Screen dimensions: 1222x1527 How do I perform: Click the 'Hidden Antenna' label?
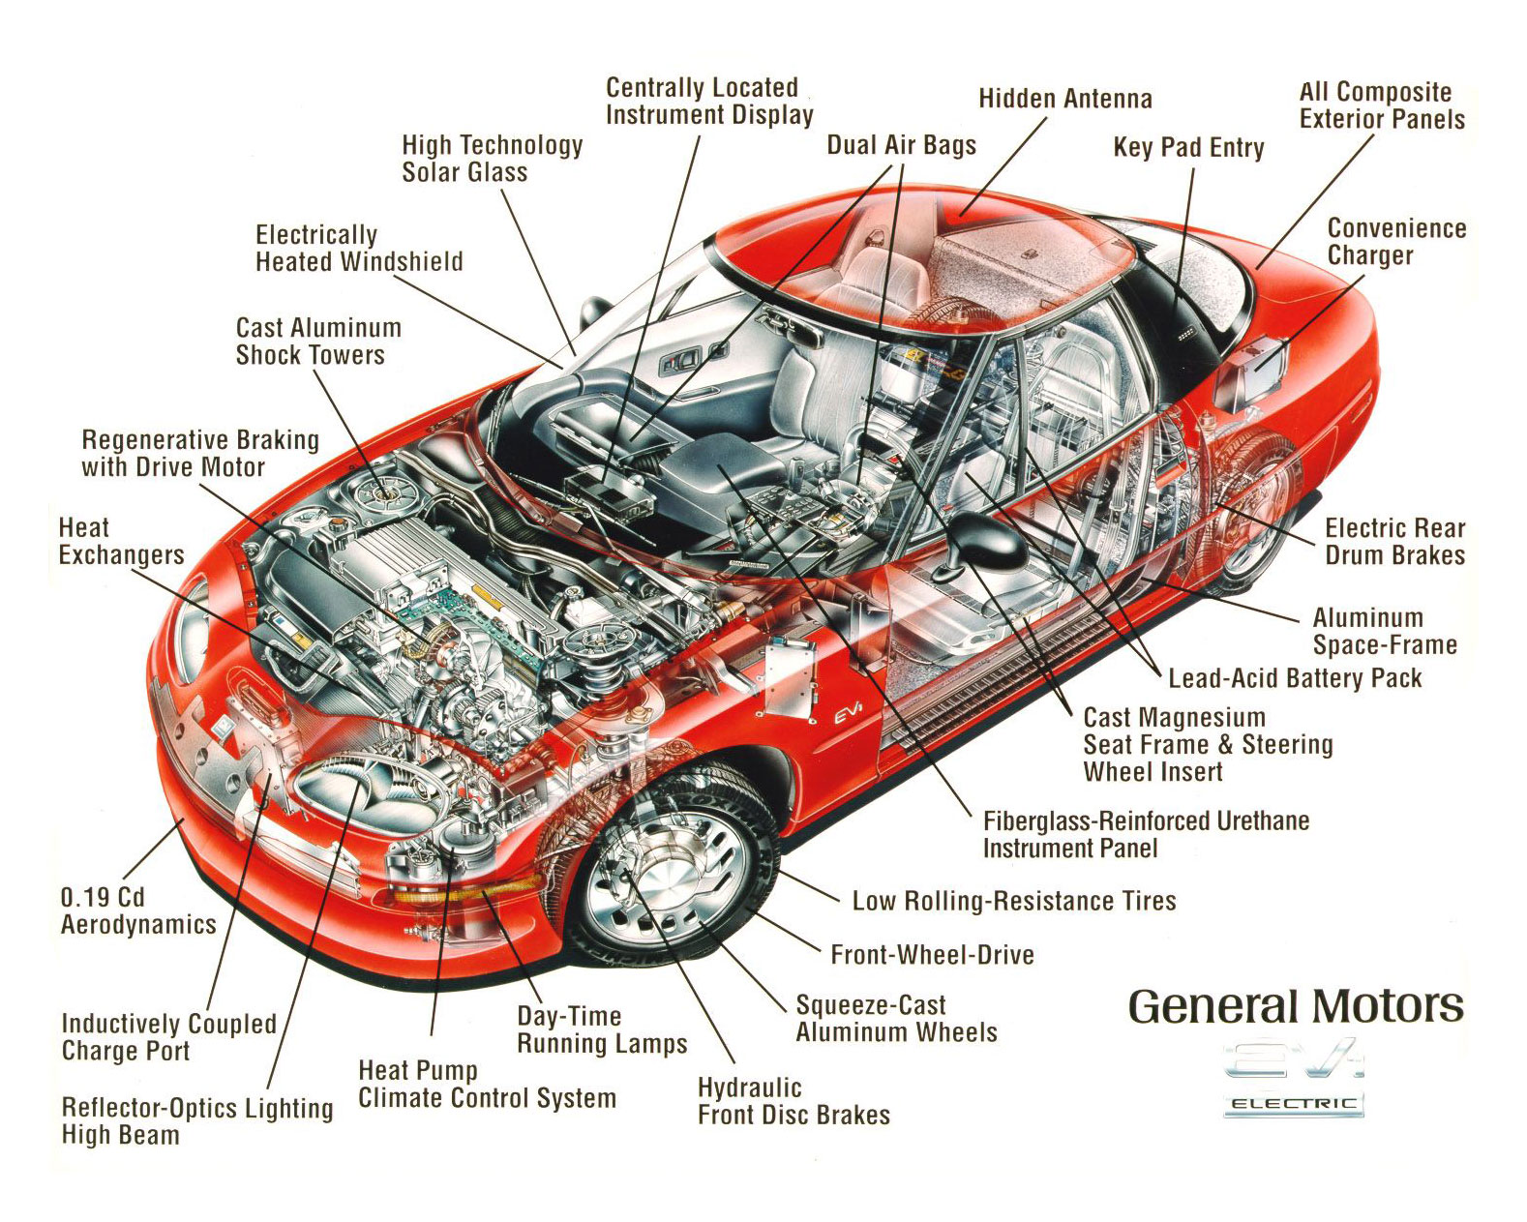coord(1064,99)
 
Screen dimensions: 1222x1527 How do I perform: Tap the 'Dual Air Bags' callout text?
coord(901,145)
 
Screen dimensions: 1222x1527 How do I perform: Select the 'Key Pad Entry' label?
coord(1188,148)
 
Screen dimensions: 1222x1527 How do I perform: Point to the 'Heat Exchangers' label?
coord(120,542)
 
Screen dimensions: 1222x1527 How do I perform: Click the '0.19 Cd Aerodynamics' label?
coord(137,910)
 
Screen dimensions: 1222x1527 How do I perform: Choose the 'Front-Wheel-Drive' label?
coord(932,955)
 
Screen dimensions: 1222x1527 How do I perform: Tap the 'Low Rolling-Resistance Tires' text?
coord(1013,901)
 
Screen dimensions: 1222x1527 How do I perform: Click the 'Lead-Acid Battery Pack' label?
coord(1295,677)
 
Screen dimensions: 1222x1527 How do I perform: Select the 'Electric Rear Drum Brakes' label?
coord(1394,542)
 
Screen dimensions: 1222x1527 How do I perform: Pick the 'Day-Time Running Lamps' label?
coord(602,1029)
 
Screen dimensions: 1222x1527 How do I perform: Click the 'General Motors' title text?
coord(1295,1007)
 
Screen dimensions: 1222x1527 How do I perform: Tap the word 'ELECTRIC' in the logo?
coord(1293,1104)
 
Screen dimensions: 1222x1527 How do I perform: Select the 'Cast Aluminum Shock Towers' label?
coord(318,342)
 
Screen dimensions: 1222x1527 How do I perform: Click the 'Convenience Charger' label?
coord(1395,242)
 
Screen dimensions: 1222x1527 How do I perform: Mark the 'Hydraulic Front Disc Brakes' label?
coord(793,1101)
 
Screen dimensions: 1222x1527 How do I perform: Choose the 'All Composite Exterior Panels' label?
coord(1381,105)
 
